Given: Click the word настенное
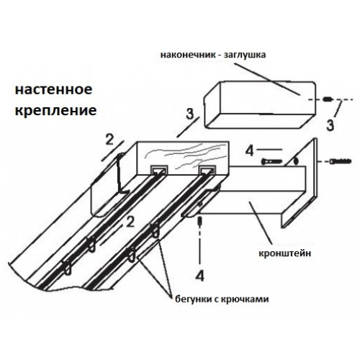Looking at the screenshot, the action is (54, 89).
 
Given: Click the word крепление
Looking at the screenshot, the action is (56, 110).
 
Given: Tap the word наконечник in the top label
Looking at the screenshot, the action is (188, 55).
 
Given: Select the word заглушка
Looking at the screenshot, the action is (245, 55).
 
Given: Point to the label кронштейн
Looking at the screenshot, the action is (285, 253).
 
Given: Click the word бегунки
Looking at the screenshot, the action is (191, 299).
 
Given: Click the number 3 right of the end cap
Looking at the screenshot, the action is (330, 125).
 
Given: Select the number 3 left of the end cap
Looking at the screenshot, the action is (189, 113).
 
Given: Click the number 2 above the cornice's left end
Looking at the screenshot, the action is (109, 140).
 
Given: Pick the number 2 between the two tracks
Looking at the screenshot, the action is (130, 222).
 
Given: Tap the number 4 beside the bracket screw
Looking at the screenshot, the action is (250, 151).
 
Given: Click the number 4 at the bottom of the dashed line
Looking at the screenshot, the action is (199, 276).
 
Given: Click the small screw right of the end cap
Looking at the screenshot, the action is (327, 99).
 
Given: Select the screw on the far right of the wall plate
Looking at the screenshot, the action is (341, 161).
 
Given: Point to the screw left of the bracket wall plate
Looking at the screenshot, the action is (272, 161).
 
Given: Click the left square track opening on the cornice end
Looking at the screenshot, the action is (159, 171).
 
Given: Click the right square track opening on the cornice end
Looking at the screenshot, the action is (207, 171).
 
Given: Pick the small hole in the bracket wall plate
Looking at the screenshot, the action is (296, 161).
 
